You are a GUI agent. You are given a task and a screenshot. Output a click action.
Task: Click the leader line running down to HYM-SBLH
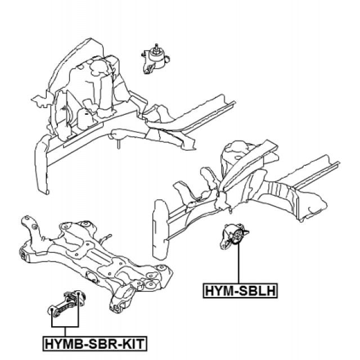tap(238, 264)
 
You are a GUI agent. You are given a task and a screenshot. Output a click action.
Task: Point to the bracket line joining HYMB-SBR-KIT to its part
tap(65, 326)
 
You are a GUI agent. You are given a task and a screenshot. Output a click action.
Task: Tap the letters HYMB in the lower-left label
tap(64, 343)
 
